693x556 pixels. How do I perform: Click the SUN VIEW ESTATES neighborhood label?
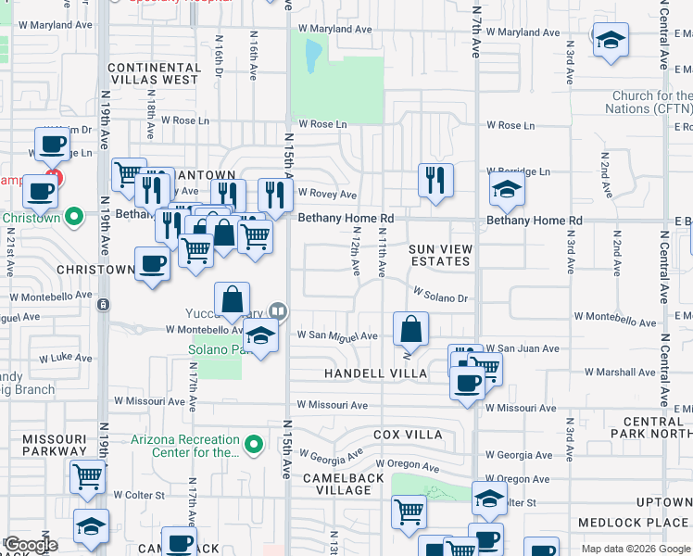[x=440, y=255]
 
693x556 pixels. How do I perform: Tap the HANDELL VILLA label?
[x=375, y=373]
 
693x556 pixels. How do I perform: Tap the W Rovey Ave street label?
[x=327, y=195]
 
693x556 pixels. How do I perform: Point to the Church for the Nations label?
[x=651, y=102]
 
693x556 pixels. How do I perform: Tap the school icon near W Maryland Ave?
[x=610, y=41]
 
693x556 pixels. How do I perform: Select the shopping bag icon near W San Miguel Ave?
[x=410, y=329]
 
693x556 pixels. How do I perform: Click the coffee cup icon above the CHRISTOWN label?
[x=152, y=263]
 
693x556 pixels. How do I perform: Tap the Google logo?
[x=31, y=545]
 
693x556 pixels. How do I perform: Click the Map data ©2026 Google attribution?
[x=636, y=549]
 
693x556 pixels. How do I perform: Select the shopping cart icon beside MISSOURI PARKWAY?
[x=87, y=476]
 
